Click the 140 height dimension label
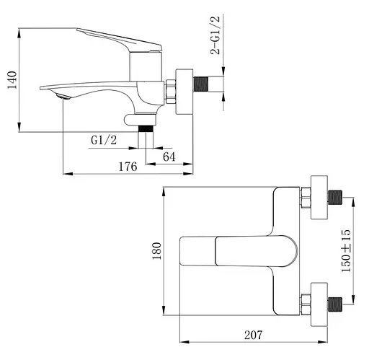(x=10, y=79)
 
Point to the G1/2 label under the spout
(x=103, y=139)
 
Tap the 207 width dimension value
(x=252, y=334)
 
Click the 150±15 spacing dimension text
(x=347, y=250)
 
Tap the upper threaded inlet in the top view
(x=337, y=196)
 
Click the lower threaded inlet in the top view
(x=337, y=304)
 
